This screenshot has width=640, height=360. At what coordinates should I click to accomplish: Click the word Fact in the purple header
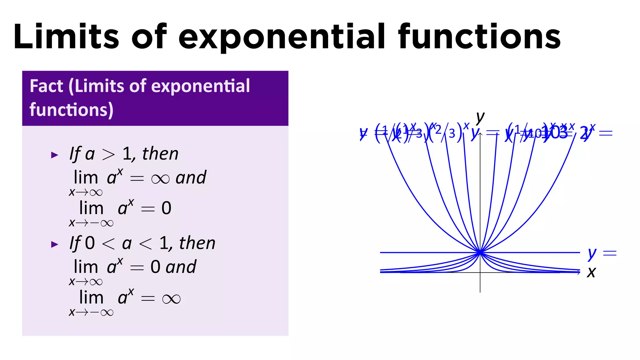click(x=46, y=86)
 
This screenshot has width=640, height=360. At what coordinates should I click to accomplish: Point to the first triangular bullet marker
click(x=55, y=155)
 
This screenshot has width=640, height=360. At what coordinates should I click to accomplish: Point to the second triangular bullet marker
click(x=55, y=244)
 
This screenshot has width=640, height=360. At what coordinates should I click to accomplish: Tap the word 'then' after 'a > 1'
click(x=160, y=154)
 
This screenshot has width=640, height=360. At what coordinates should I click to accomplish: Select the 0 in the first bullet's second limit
click(x=166, y=208)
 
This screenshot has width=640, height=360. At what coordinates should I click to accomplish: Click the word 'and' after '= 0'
click(x=181, y=267)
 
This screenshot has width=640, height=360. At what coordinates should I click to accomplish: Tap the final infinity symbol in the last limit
click(x=171, y=299)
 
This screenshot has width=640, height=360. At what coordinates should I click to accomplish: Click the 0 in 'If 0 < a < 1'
click(x=90, y=243)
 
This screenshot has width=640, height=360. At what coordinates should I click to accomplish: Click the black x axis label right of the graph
click(x=591, y=272)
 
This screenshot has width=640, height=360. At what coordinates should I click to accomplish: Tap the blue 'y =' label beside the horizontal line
click(x=602, y=253)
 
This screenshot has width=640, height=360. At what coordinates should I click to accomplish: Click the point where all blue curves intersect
click(x=480, y=252)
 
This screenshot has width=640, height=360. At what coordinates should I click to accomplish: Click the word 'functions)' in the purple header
click(x=71, y=110)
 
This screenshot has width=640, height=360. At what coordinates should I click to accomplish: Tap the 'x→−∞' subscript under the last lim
click(x=91, y=312)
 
